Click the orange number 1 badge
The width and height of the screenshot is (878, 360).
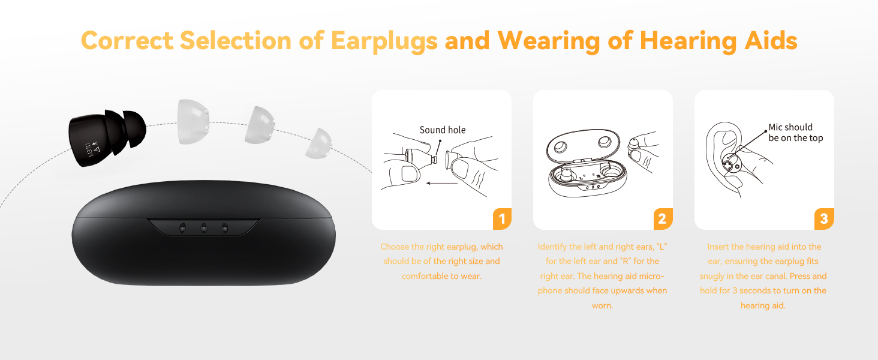tap(502, 219)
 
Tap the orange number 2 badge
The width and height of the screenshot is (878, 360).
tap(662, 219)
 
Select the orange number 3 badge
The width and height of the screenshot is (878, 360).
tap(823, 219)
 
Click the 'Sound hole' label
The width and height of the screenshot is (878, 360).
tap(443, 130)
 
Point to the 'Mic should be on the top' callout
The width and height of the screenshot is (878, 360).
tap(795, 133)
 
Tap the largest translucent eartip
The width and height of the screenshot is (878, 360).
tap(193, 122)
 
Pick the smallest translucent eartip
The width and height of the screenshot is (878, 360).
tap(318, 145)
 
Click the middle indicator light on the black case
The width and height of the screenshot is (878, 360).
tap(204, 227)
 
